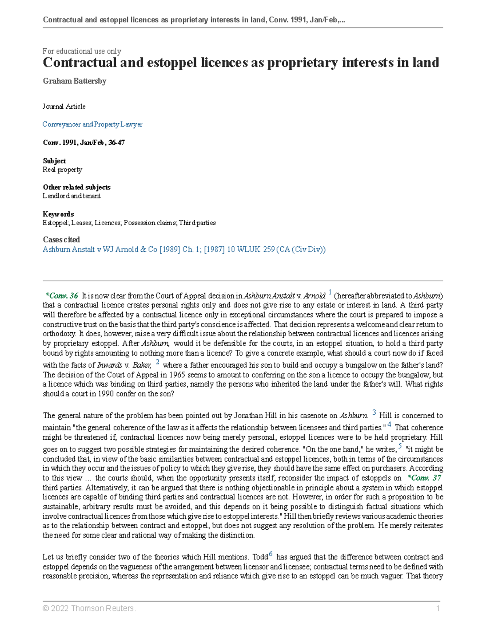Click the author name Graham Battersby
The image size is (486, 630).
[x=75, y=81]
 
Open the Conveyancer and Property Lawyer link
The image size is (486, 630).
[x=92, y=125]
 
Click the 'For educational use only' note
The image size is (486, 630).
[x=82, y=51]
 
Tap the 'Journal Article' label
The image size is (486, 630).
[x=64, y=107]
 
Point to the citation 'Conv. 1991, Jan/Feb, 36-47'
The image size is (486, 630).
[x=84, y=143]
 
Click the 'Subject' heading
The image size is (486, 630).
[x=54, y=161]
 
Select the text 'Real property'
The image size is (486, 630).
[x=62, y=170]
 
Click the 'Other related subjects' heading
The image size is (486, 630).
[x=77, y=187]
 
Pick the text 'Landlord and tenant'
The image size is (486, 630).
[x=72, y=196]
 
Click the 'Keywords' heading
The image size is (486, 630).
[x=58, y=214]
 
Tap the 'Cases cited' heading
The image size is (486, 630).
[x=61, y=240]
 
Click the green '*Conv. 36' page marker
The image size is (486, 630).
[x=62, y=296]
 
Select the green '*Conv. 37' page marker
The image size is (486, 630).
[x=424, y=478]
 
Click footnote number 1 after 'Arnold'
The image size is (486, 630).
[x=330, y=292]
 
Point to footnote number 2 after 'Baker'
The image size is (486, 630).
[x=158, y=362]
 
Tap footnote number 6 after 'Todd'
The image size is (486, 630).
[x=271, y=554]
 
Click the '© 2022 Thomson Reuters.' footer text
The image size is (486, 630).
[x=89, y=608]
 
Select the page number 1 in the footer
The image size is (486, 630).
[x=437, y=608]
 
